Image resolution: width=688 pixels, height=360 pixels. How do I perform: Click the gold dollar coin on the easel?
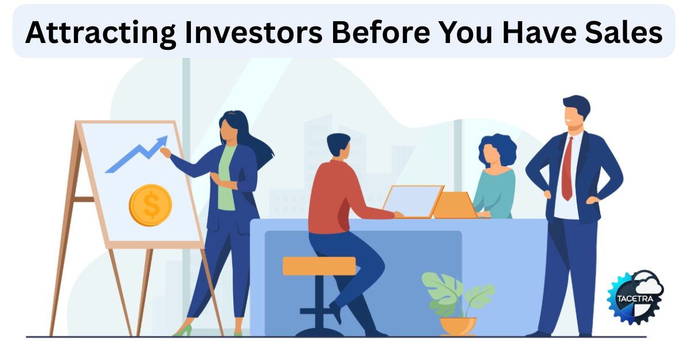150,205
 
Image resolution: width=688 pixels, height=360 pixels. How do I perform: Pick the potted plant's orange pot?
458,326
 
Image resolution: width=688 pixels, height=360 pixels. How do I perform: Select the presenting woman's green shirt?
227,178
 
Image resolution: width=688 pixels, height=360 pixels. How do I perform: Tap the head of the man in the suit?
575,114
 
